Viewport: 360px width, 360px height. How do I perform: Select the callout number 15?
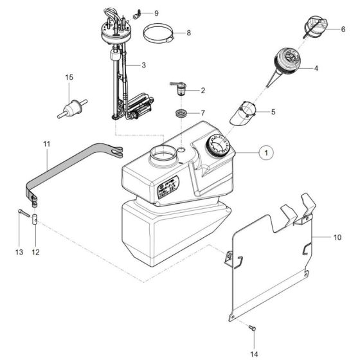tap(68, 77)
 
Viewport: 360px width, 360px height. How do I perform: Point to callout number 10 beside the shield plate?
tap(337, 238)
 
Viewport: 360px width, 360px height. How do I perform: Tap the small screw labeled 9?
tap(137, 14)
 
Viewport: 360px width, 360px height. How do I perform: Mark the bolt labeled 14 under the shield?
tap(251, 329)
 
